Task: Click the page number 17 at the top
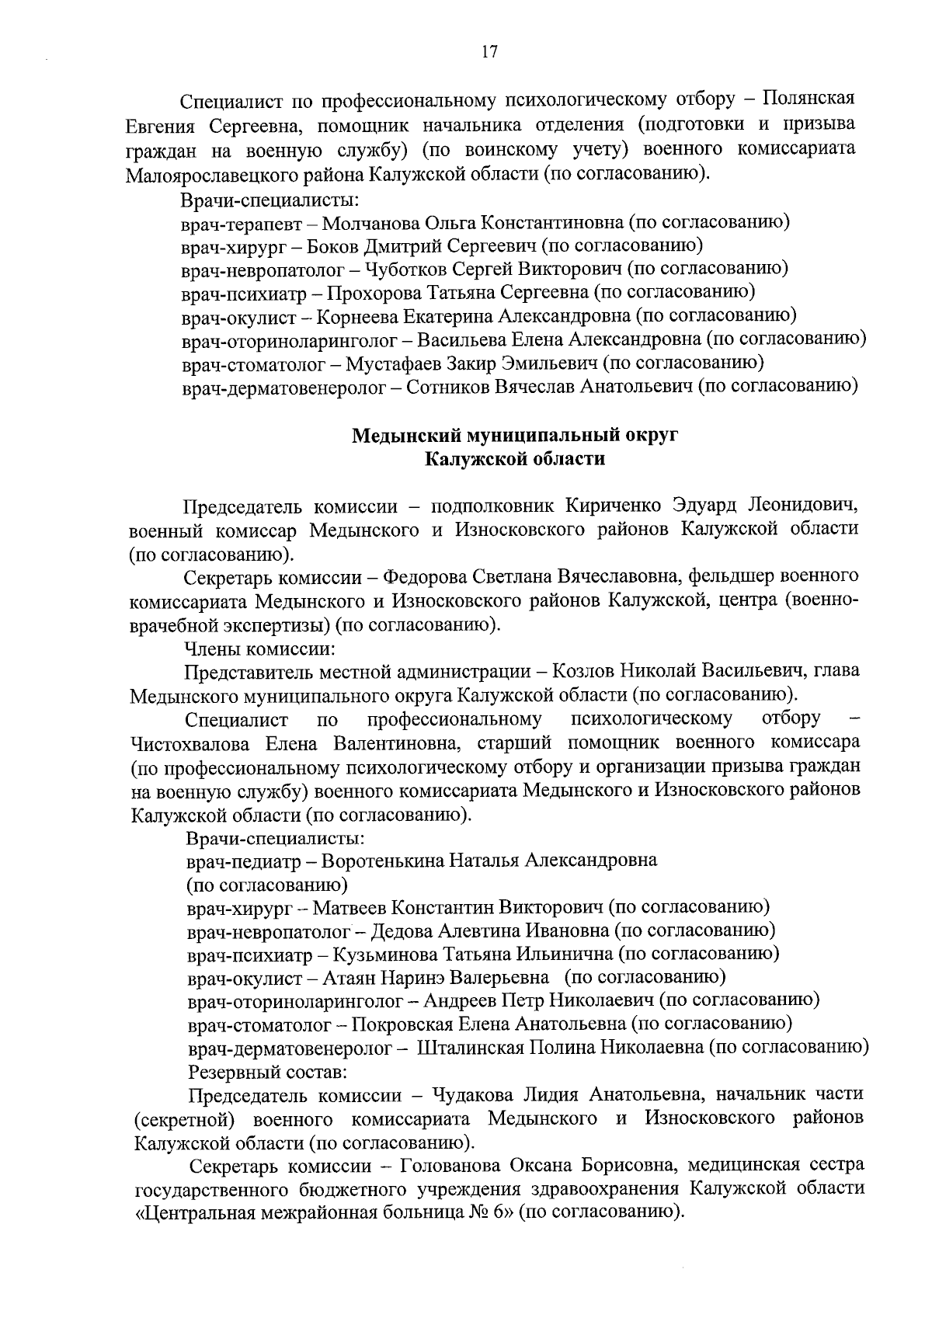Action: pos(489,52)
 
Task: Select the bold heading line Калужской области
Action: pos(514,458)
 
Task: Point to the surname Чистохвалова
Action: pos(190,743)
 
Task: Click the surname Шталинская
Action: pos(470,1047)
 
